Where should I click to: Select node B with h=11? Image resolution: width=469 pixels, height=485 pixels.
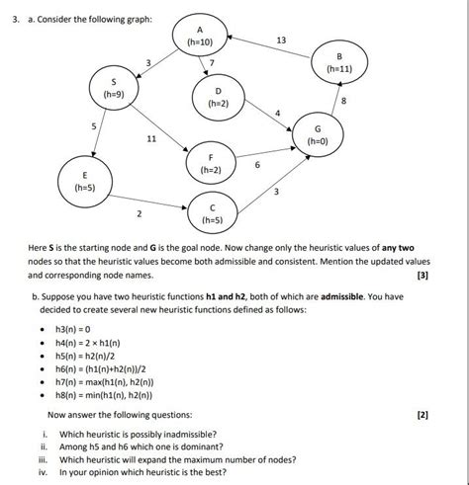point(338,63)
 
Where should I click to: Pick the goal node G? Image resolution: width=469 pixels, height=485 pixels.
point(318,134)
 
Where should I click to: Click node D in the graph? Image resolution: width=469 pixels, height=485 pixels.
point(218,97)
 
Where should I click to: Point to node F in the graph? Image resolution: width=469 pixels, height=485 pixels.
point(210,163)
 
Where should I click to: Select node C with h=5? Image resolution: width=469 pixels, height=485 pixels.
point(212,212)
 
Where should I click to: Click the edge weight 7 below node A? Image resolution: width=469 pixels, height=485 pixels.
point(212,64)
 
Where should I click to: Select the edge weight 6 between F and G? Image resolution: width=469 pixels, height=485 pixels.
point(257,165)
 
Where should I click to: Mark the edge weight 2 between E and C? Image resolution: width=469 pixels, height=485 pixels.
point(139,213)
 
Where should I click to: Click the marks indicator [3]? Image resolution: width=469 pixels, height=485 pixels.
point(423,276)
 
